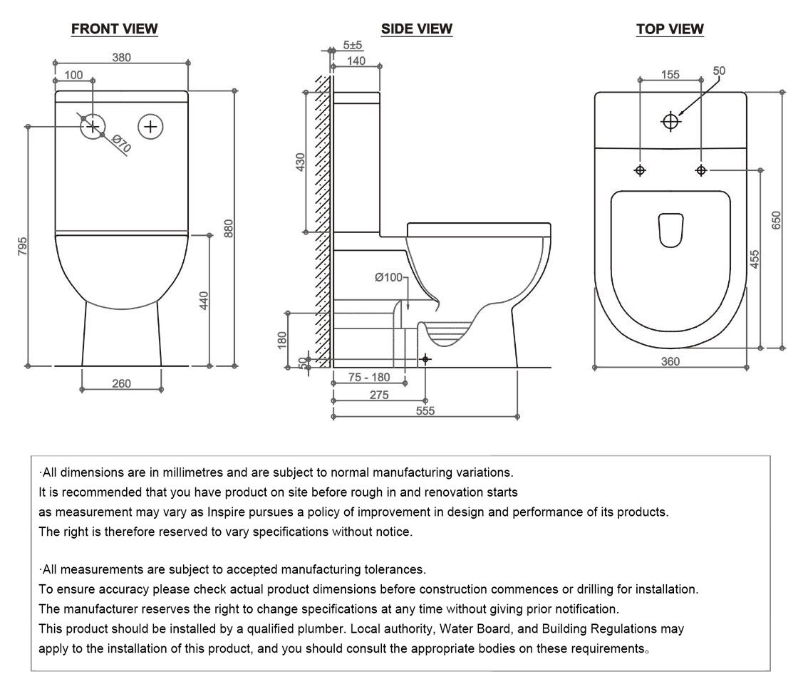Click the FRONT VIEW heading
click(x=115, y=29)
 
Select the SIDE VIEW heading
click(x=417, y=29)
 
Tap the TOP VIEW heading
click(x=670, y=29)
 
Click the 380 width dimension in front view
click(x=122, y=58)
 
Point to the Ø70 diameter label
click(x=122, y=145)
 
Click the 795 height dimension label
click(x=22, y=247)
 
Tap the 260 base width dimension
click(x=122, y=384)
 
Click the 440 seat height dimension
click(x=204, y=301)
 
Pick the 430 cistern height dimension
click(x=301, y=162)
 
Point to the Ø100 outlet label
click(x=388, y=277)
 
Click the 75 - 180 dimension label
click(x=369, y=378)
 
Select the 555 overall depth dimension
click(x=425, y=410)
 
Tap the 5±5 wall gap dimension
click(x=353, y=45)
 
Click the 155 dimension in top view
click(x=670, y=74)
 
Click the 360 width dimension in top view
click(x=670, y=361)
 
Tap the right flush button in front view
click(x=150, y=127)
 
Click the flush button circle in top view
click(x=670, y=122)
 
